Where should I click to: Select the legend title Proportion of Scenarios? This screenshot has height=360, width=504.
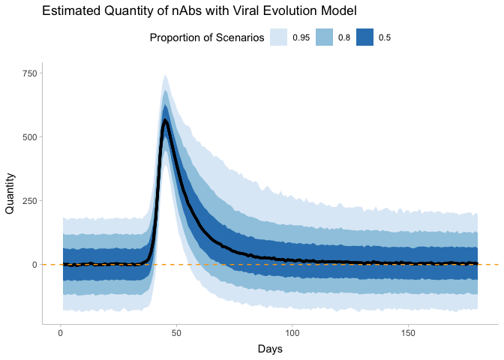coord(207,37)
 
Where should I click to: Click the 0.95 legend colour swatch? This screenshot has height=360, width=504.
coord(279,37)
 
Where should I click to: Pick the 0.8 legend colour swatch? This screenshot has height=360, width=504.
coord(324,37)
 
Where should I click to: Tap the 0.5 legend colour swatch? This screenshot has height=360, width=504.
coord(365,37)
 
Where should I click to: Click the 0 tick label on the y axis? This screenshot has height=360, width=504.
coord(33,265)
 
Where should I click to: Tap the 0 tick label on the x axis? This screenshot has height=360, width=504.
coord(60,332)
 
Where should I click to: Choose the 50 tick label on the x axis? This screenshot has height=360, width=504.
coord(176,332)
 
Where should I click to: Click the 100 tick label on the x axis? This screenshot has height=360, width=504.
coord(292,332)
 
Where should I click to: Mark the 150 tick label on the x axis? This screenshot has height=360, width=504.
coord(409,332)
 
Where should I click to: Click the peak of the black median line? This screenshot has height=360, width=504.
coord(165,120)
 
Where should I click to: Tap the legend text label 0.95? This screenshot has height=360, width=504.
coord(301,37)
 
